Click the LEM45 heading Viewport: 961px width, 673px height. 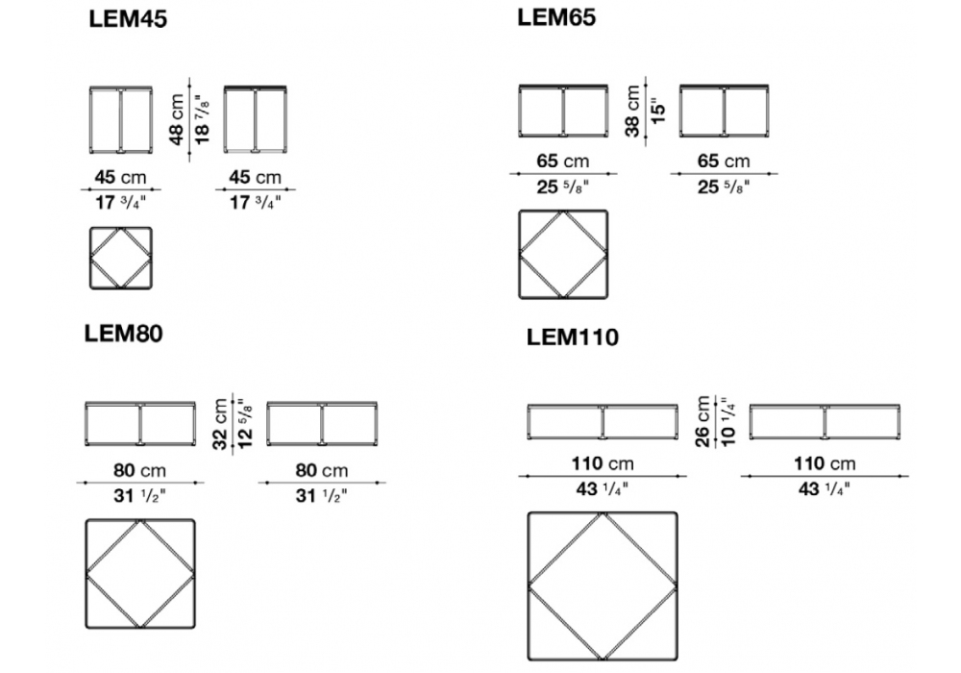(x=128, y=19)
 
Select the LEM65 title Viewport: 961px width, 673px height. (x=555, y=17)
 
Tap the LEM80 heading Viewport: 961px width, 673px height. (x=123, y=334)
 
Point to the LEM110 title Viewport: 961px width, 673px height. (x=573, y=337)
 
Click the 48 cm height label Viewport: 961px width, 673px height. (x=176, y=119)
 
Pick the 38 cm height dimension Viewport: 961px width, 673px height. (x=632, y=111)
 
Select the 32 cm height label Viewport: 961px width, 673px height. (x=220, y=424)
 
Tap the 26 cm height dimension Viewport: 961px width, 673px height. (x=702, y=422)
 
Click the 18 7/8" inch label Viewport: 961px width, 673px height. (x=201, y=119)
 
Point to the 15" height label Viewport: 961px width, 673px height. (x=657, y=111)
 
